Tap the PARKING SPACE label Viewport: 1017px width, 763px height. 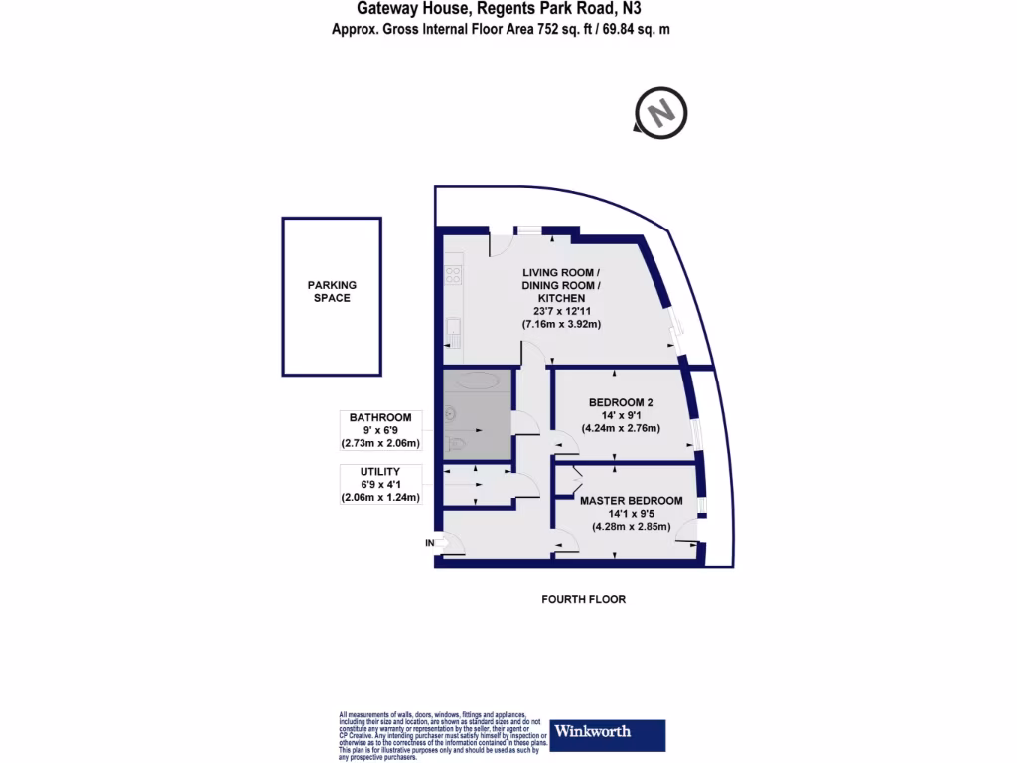point(332,291)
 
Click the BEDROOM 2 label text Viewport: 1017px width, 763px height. point(621,402)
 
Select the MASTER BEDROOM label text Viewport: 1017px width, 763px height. point(632,501)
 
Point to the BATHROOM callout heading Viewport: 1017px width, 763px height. point(380,417)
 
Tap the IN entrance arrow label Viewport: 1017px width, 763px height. point(431,543)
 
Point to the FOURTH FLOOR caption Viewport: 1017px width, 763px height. point(583,599)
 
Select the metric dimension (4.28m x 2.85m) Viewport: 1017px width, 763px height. point(632,527)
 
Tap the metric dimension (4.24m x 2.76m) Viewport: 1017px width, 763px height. point(621,428)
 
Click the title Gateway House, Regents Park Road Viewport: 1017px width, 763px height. point(484,9)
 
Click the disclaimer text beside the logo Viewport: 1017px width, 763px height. point(441,736)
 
